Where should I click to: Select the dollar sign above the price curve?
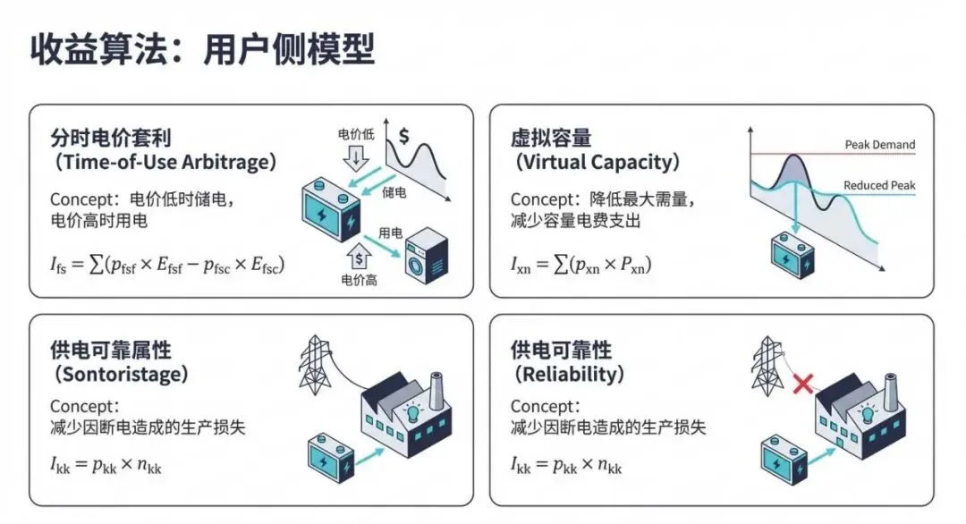point(404,136)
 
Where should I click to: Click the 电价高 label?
point(358,281)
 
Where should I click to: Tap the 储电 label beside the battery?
point(394,192)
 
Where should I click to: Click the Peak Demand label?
point(879,144)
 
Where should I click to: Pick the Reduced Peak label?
point(879,186)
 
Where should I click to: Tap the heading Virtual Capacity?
point(597,164)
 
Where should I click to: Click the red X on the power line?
point(803,385)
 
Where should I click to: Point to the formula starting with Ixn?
point(581,266)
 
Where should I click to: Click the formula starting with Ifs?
point(167,266)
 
